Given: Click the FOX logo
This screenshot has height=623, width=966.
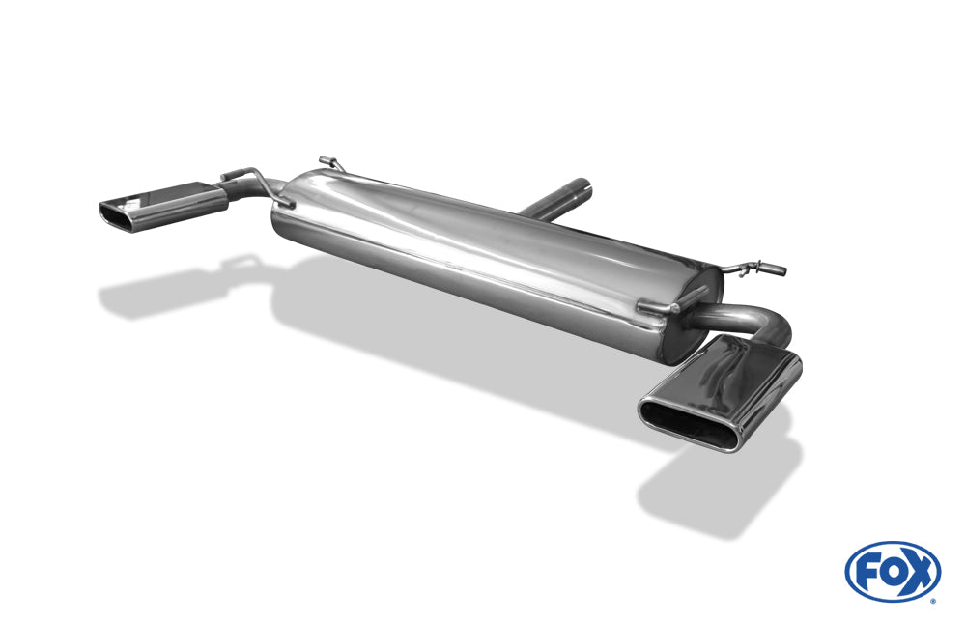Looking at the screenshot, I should pyautogui.click(x=892, y=571).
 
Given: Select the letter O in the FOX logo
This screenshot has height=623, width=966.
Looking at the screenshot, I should pyautogui.click(x=893, y=571).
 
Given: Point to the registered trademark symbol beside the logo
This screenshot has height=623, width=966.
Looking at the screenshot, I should pyautogui.click(x=932, y=600).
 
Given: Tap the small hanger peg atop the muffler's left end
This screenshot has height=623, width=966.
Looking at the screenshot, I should pyautogui.click(x=328, y=160).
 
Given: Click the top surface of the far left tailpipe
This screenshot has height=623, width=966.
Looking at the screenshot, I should pyautogui.click(x=174, y=194).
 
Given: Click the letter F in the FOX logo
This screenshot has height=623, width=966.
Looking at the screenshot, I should pyautogui.click(x=867, y=571).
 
